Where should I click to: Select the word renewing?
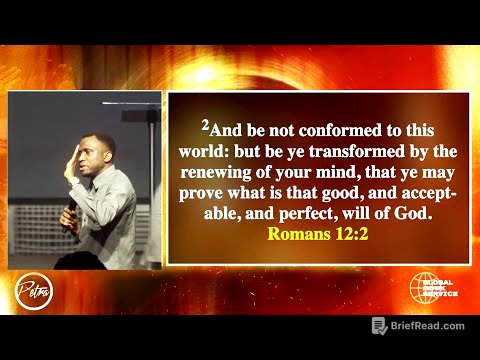[x=223, y=172]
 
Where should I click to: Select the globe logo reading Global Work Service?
[x=432, y=287]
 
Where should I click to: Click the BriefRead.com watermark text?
[x=428, y=326]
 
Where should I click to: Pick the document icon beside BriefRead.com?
[x=379, y=326]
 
